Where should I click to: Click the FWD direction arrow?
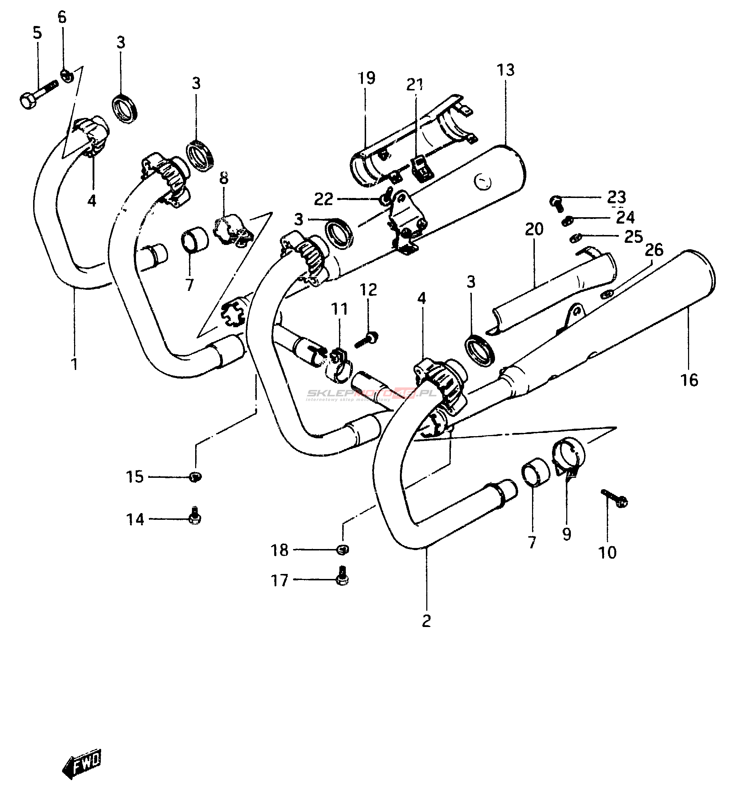pos(82,762)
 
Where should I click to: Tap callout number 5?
pos(37,33)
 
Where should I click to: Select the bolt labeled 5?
pos(38,93)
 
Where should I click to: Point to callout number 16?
pos(689,380)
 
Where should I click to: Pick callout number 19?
pos(366,78)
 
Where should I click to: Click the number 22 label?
pos(323,199)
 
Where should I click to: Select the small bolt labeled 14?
pos(194,516)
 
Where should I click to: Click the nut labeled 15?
pos(196,476)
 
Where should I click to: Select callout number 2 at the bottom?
pos(426,621)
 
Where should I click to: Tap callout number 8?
pos(224,178)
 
